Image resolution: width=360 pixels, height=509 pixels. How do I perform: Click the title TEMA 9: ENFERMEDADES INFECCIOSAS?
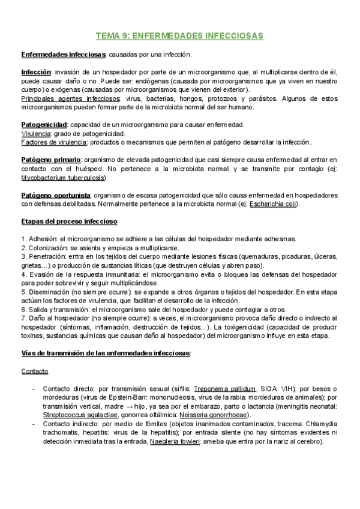click(x=180, y=36)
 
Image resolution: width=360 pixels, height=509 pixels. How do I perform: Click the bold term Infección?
click(x=36, y=72)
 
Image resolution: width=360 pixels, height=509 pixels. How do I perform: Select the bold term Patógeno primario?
click(x=50, y=160)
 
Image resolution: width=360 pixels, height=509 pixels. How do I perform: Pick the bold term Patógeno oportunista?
click(x=56, y=196)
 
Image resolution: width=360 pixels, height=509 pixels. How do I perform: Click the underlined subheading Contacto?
click(x=35, y=371)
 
